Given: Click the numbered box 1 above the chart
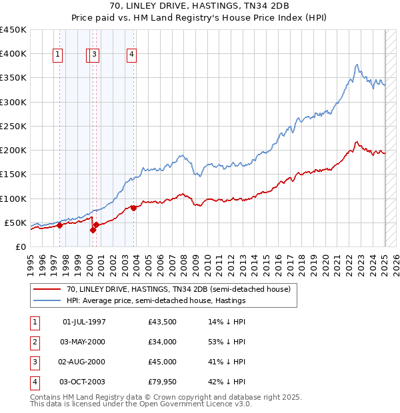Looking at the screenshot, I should coord(59,55).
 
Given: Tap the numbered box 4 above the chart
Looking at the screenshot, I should coord(132,55).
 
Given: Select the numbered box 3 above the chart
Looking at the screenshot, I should coord(95,55).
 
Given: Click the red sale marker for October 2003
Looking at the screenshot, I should coord(133,208).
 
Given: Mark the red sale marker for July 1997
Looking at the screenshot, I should coord(59,225).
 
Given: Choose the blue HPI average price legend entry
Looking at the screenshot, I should coord(156,301).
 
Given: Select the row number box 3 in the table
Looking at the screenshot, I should coord(33,362).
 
